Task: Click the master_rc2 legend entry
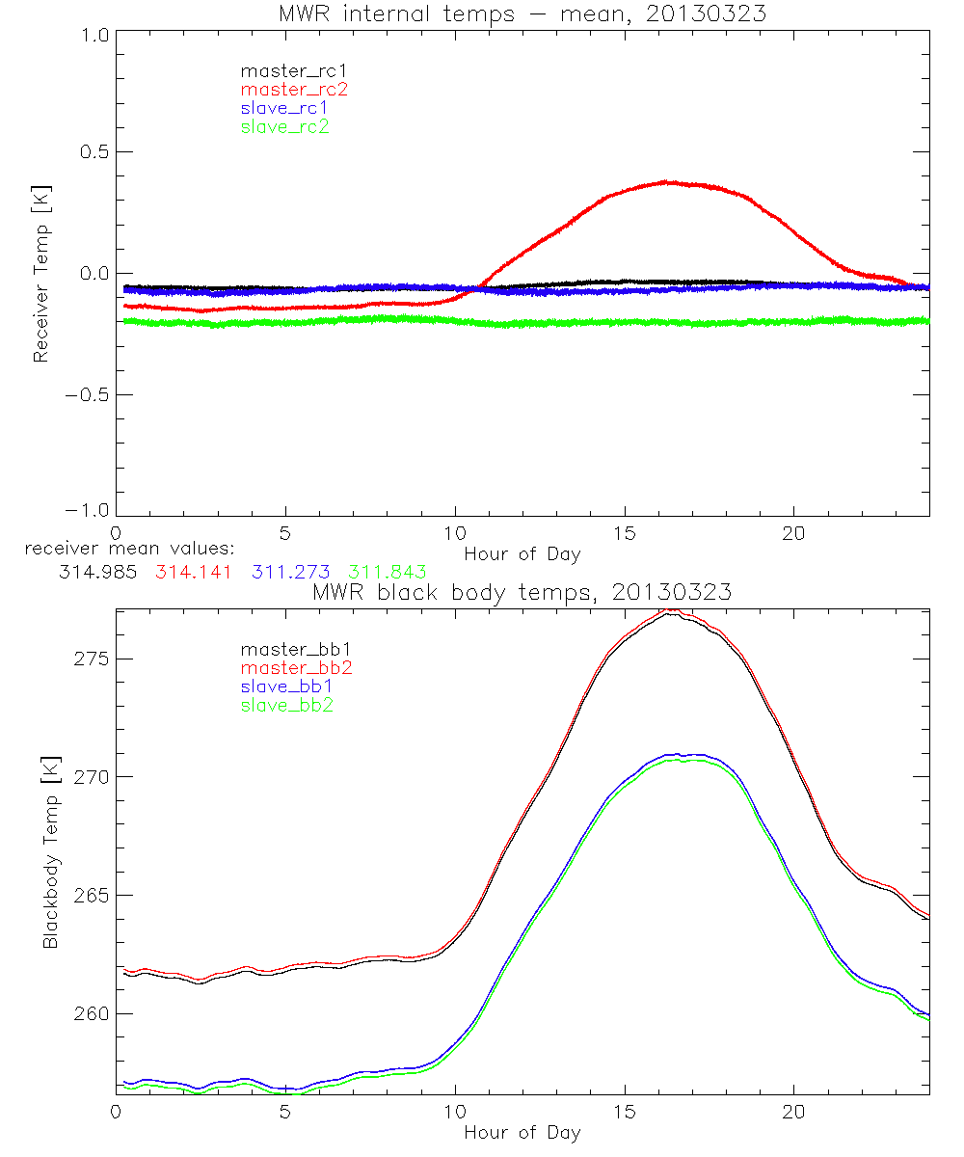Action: [294, 90]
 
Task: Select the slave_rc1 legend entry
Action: [284, 108]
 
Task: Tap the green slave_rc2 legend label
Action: [284, 126]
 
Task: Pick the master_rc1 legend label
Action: [294, 71]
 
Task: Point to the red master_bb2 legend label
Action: [295, 669]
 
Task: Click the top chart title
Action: [522, 14]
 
